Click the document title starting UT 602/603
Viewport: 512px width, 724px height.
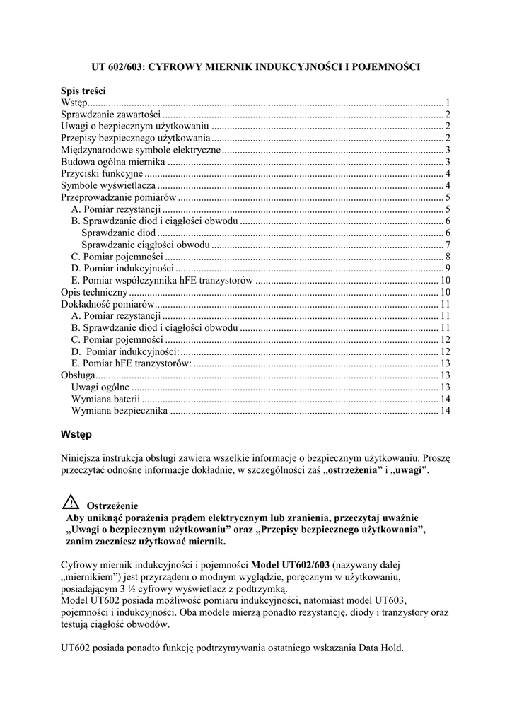tap(256, 67)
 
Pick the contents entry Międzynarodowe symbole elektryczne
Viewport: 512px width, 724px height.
tap(141, 150)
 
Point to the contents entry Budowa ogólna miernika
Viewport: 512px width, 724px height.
tap(113, 162)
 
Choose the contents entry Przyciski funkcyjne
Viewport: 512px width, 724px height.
tap(103, 174)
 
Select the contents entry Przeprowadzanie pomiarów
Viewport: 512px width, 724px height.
tap(118, 197)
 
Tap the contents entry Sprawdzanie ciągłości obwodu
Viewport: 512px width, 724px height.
tap(146, 245)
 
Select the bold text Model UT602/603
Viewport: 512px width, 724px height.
tap(290, 565)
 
